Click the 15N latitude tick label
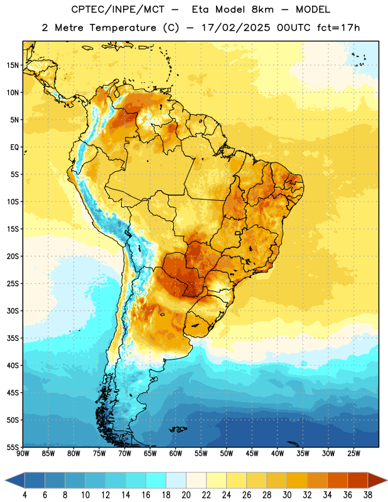(x=13, y=65)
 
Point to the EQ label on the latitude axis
(x=14, y=147)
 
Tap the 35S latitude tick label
(x=13, y=338)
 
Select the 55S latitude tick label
(x=13, y=447)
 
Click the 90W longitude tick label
(x=23, y=454)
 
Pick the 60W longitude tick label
(x=176, y=454)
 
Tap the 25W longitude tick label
(x=353, y=454)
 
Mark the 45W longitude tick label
(x=252, y=454)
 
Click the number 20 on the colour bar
(x=186, y=495)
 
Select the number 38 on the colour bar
(x=368, y=495)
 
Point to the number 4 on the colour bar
(x=24, y=495)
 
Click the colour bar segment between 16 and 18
(x=156, y=480)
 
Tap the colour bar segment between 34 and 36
(x=338, y=480)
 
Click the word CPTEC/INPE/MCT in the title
(x=118, y=9)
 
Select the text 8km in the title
(x=262, y=9)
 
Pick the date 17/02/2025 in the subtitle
(x=236, y=28)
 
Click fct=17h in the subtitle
(x=338, y=28)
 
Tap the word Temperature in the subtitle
(x=122, y=28)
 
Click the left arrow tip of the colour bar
(x=5, y=480)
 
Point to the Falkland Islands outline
(x=178, y=429)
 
